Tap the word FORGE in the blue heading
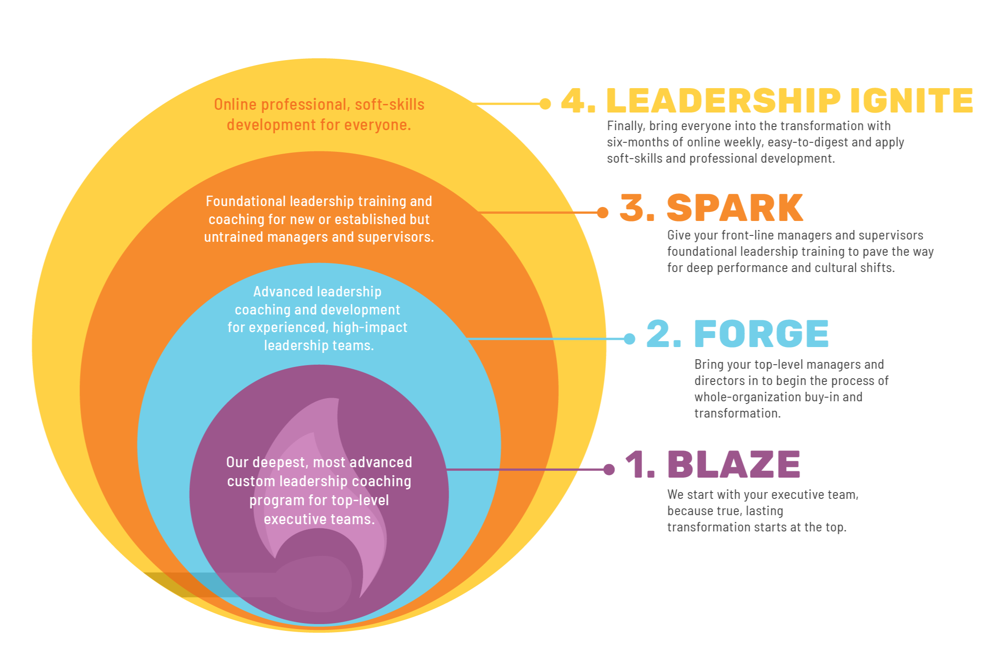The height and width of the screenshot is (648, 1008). click(x=761, y=334)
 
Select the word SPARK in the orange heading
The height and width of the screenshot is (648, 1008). click(x=735, y=208)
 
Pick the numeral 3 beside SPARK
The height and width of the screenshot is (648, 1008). click(x=632, y=208)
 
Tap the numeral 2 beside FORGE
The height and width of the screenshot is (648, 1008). click(x=658, y=334)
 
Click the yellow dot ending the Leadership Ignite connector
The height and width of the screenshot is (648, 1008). click(x=545, y=104)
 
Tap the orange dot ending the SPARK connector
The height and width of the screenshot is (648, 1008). click(x=603, y=212)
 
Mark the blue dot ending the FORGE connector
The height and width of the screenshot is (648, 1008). click(x=629, y=339)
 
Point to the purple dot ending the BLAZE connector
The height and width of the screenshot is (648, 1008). click(x=609, y=470)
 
